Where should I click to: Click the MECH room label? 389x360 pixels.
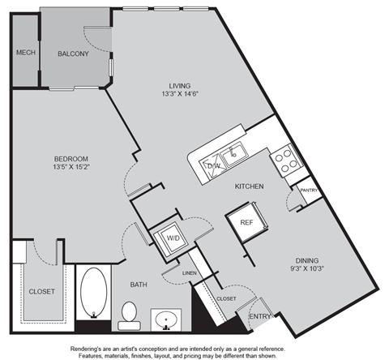pyautogui.click(x=26, y=53)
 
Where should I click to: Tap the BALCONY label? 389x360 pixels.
pyautogui.click(x=73, y=54)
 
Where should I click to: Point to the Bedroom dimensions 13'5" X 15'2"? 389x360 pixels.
pyautogui.click(x=71, y=167)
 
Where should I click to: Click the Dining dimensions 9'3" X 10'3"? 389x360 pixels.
pyautogui.click(x=307, y=268)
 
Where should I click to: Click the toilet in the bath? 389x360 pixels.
pyautogui.click(x=129, y=315)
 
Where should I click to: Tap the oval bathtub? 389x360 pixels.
pyautogui.click(x=94, y=292)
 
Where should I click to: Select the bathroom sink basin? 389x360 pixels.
pyautogui.click(x=166, y=319)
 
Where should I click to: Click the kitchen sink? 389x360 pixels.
pyautogui.click(x=234, y=154)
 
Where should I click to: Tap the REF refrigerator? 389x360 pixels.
pyautogui.click(x=247, y=222)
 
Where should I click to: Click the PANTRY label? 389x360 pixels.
pyautogui.click(x=309, y=191)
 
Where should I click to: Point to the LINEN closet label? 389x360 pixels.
pyautogui.click(x=190, y=273)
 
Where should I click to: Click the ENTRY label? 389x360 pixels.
pyautogui.click(x=260, y=316)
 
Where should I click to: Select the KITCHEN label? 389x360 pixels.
pyautogui.click(x=249, y=186)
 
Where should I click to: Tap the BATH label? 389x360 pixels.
pyautogui.click(x=139, y=285)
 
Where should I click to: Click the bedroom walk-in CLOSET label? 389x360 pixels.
pyautogui.click(x=42, y=292)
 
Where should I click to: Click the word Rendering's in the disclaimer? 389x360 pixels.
pyautogui.click(x=84, y=349)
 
